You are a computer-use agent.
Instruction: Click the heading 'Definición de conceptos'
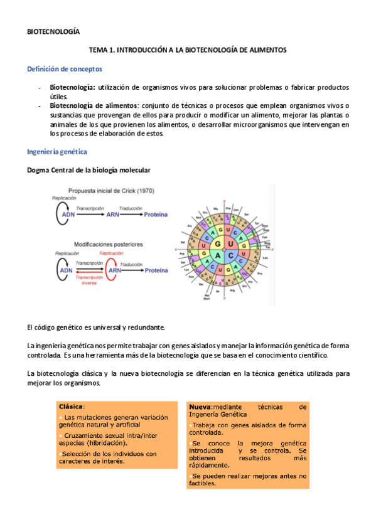pyautogui.click(x=65, y=68)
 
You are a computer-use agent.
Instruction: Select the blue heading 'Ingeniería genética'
pyautogui.click(x=56, y=152)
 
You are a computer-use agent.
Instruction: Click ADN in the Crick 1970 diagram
pyautogui.click(x=65, y=215)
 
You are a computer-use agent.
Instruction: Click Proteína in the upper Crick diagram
pyautogui.click(x=156, y=215)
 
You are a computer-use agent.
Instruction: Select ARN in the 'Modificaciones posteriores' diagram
pyautogui.click(x=114, y=270)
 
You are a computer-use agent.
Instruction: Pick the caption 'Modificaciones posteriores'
pyautogui.click(x=108, y=243)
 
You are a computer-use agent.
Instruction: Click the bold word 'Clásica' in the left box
pyautogui.click(x=70, y=406)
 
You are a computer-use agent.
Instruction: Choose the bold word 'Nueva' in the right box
pyautogui.click(x=200, y=407)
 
